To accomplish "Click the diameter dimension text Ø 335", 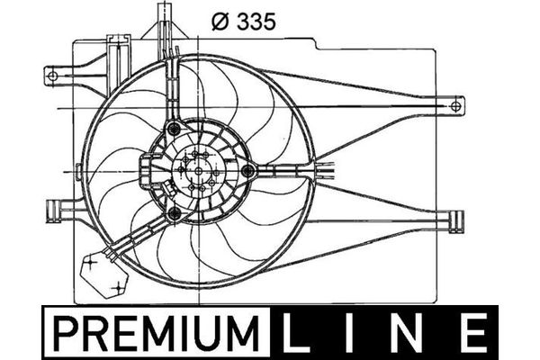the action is coord(244,22).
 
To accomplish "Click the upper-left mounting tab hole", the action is coord(52,75).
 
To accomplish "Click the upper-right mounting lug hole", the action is coord(455,106).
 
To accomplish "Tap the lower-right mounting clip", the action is coord(456,222).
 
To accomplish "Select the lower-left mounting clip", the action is coord(53,211).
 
